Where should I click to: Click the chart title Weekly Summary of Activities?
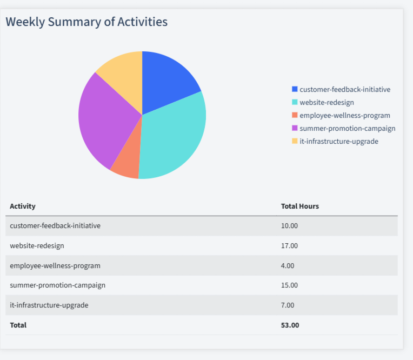[x=86, y=22]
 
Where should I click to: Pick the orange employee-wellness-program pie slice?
[x=126, y=165]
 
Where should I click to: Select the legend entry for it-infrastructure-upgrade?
[x=338, y=141]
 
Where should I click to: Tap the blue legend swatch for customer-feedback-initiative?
[x=295, y=89]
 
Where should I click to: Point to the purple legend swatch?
[x=295, y=128]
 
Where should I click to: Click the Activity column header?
[x=23, y=206]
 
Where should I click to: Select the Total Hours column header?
[x=300, y=206]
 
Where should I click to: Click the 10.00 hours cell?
[x=289, y=226]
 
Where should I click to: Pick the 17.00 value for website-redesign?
[x=289, y=246]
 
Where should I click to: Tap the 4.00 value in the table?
[x=288, y=266]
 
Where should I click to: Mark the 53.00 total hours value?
[x=290, y=325]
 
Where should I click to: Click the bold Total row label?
[x=18, y=325]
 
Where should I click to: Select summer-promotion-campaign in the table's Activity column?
[x=57, y=285]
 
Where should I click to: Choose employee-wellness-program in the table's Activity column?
[x=55, y=266]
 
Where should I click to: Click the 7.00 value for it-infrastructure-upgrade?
[x=288, y=305]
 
